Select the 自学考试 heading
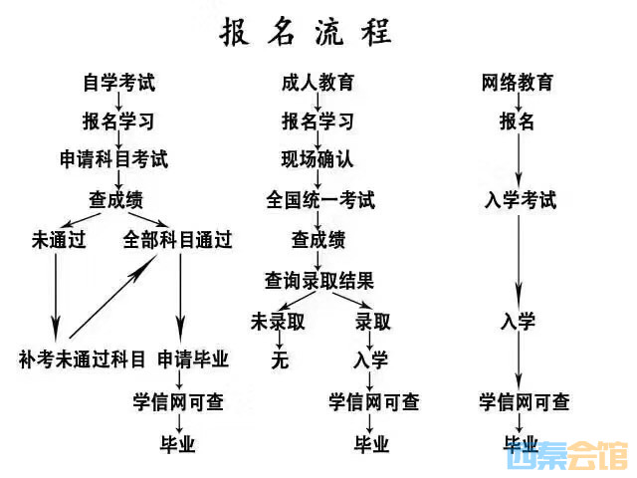click(x=118, y=84)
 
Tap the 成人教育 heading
click(x=318, y=84)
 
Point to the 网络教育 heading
click(x=517, y=84)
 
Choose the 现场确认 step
click(x=318, y=159)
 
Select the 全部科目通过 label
click(x=178, y=240)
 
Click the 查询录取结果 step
click(x=318, y=280)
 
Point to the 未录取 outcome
click(x=278, y=321)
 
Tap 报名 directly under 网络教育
click(x=517, y=121)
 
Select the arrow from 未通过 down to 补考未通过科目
click(x=56, y=296)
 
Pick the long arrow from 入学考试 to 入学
click(x=518, y=259)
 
